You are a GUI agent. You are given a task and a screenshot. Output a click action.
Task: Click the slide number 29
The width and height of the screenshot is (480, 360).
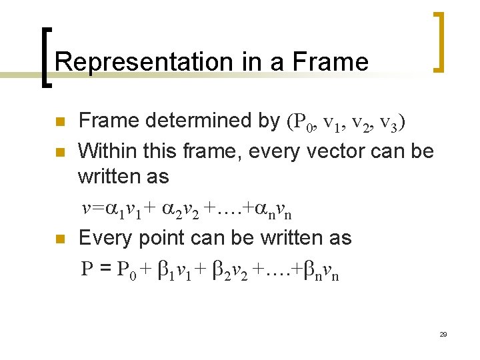point(443,334)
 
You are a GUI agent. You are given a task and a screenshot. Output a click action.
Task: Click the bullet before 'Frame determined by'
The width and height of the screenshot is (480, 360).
point(59,122)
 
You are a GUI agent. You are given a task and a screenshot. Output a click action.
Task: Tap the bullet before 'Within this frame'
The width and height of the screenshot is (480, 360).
point(59,152)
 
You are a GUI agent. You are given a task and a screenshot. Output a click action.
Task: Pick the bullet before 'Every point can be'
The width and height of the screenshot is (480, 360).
point(59,239)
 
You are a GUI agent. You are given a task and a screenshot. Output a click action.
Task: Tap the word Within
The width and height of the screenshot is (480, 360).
point(106,151)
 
